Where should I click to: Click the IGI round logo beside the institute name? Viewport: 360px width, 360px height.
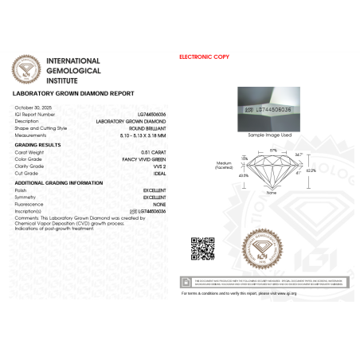pos(29,70)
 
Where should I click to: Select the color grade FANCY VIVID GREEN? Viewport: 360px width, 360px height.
pos(133,158)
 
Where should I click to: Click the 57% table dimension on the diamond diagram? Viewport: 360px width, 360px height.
pos(272,149)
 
